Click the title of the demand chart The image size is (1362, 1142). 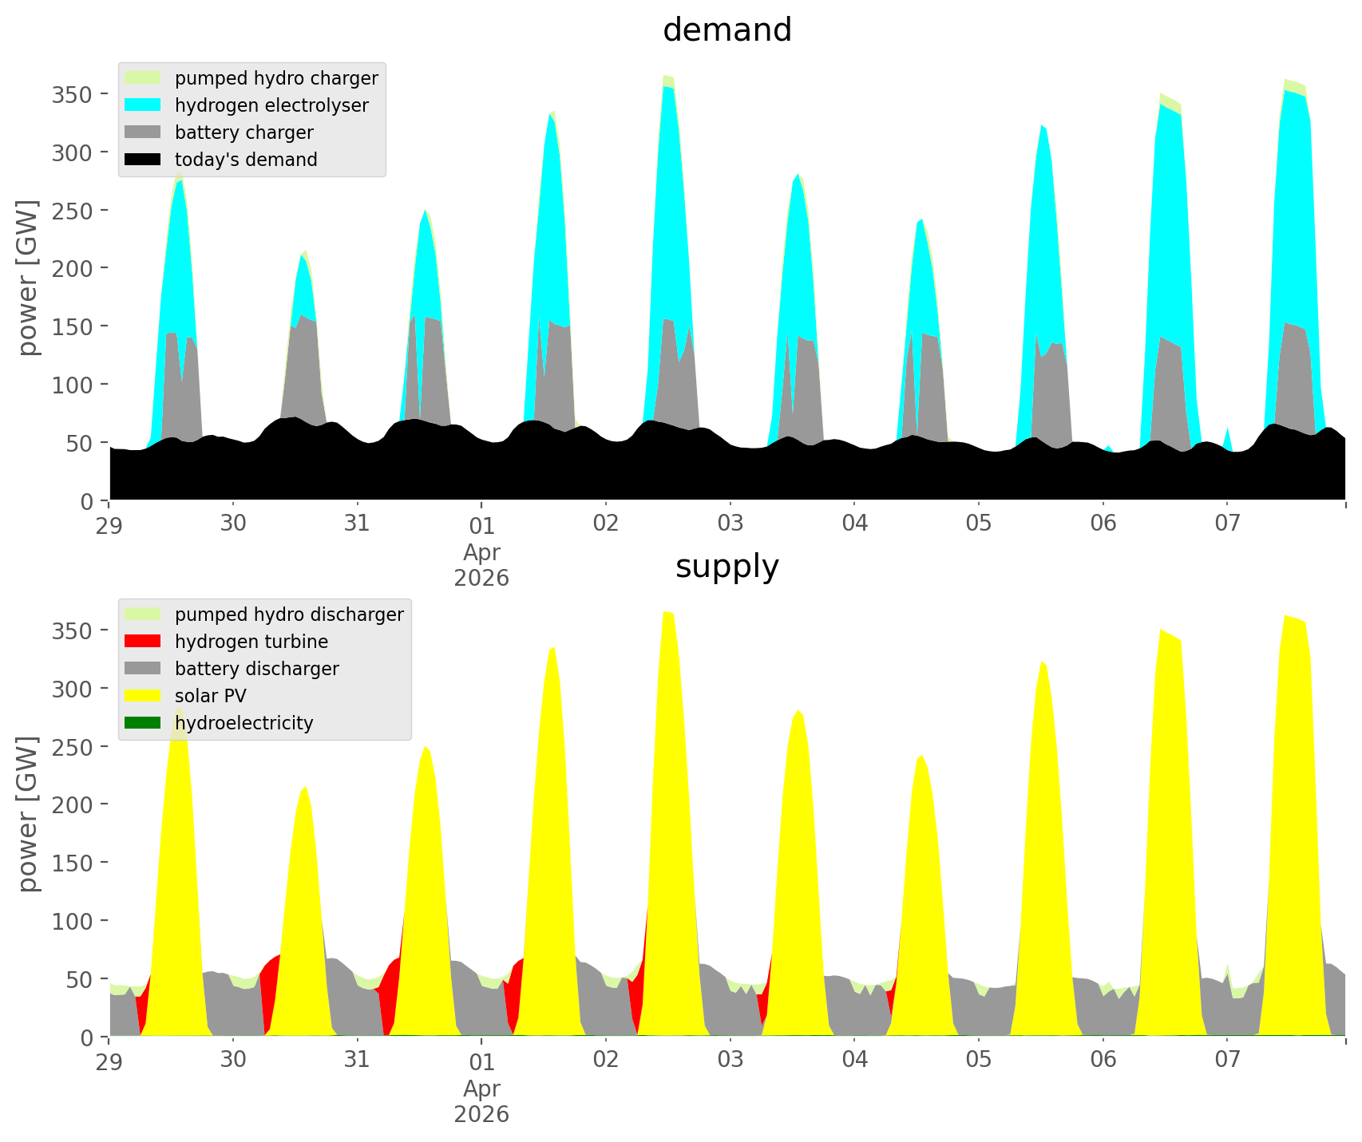[x=727, y=30]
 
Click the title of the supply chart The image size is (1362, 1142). [x=727, y=567]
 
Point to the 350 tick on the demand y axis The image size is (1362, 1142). [x=73, y=94]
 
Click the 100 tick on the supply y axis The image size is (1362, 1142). [x=73, y=921]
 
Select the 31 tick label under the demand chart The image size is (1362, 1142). [x=357, y=524]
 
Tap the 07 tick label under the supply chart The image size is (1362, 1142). [x=1227, y=1060]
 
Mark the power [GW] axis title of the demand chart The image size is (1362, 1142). [x=29, y=277]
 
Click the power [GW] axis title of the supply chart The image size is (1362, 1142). [x=29, y=813]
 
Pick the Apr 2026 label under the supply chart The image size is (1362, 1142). [x=481, y=1101]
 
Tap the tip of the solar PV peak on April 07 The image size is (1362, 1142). [x=1285, y=615]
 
